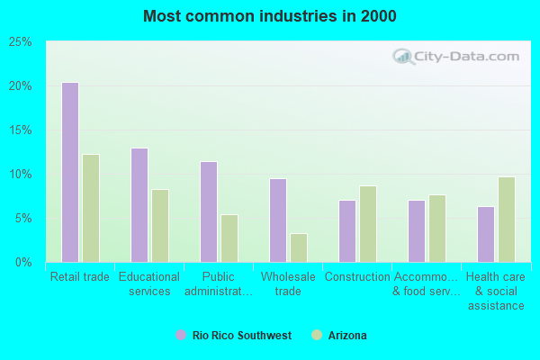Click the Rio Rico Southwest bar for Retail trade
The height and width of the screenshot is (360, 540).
[x=70, y=172]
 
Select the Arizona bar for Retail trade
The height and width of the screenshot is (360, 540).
[x=91, y=208]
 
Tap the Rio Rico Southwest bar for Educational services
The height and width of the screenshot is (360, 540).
[x=139, y=204]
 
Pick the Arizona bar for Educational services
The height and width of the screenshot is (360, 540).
[x=160, y=225]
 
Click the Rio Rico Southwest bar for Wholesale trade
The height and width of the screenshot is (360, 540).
[x=278, y=220]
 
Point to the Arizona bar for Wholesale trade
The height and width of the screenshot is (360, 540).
[x=299, y=247]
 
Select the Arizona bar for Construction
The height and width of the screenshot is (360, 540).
[x=368, y=223]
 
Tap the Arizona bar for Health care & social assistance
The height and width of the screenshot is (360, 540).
[x=507, y=219]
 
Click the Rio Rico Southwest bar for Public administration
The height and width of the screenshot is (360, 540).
[x=209, y=211]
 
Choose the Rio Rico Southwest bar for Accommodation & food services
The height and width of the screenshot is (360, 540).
[x=417, y=230]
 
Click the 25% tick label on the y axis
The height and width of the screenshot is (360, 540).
[x=21, y=42]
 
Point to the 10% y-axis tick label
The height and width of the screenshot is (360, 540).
[x=21, y=175]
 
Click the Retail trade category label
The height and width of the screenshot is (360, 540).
[x=80, y=277]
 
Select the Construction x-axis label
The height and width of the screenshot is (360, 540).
[x=357, y=277]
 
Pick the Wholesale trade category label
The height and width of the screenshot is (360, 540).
[x=288, y=283]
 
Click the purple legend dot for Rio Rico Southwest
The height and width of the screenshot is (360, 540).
[x=181, y=336]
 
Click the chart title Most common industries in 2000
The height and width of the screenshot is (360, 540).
[x=269, y=16]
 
